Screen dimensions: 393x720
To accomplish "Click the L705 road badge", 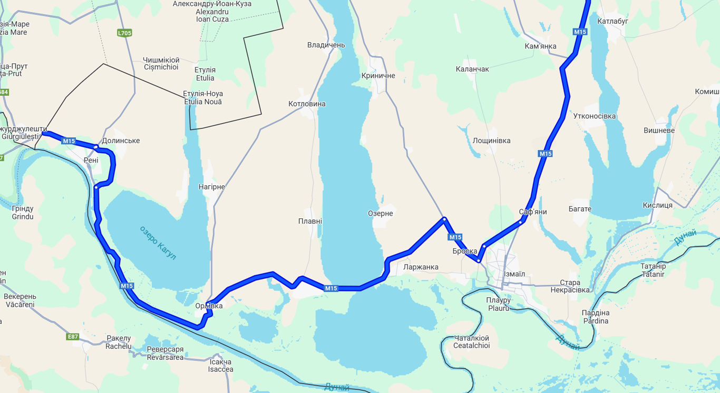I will tap(124, 33).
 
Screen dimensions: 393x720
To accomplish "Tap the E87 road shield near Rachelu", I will tap(73, 336).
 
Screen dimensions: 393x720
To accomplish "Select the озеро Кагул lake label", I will tap(158, 243).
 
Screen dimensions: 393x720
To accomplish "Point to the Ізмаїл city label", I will tap(514, 274).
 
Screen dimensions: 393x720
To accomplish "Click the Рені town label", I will tap(91, 160).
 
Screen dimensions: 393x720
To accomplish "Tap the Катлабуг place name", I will tap(613, 22).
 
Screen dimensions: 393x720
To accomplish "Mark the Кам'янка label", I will tap(540, 46).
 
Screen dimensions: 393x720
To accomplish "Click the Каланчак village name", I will tap(472, 69).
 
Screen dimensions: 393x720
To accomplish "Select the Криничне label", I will tap(378, 76).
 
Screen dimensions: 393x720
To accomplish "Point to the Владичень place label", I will tap(326, 45).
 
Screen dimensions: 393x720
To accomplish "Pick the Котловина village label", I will tap(307, 104).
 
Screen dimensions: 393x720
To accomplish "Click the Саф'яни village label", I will tap(532, 212).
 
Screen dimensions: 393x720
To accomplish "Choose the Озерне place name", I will tap(380, 214).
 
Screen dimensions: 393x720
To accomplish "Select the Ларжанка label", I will tap(421, 267).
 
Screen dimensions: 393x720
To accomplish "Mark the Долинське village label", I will tap(121, 141).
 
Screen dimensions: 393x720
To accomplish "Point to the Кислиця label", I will tap(657, 205).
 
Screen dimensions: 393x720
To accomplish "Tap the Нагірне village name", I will tap(211, 187).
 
